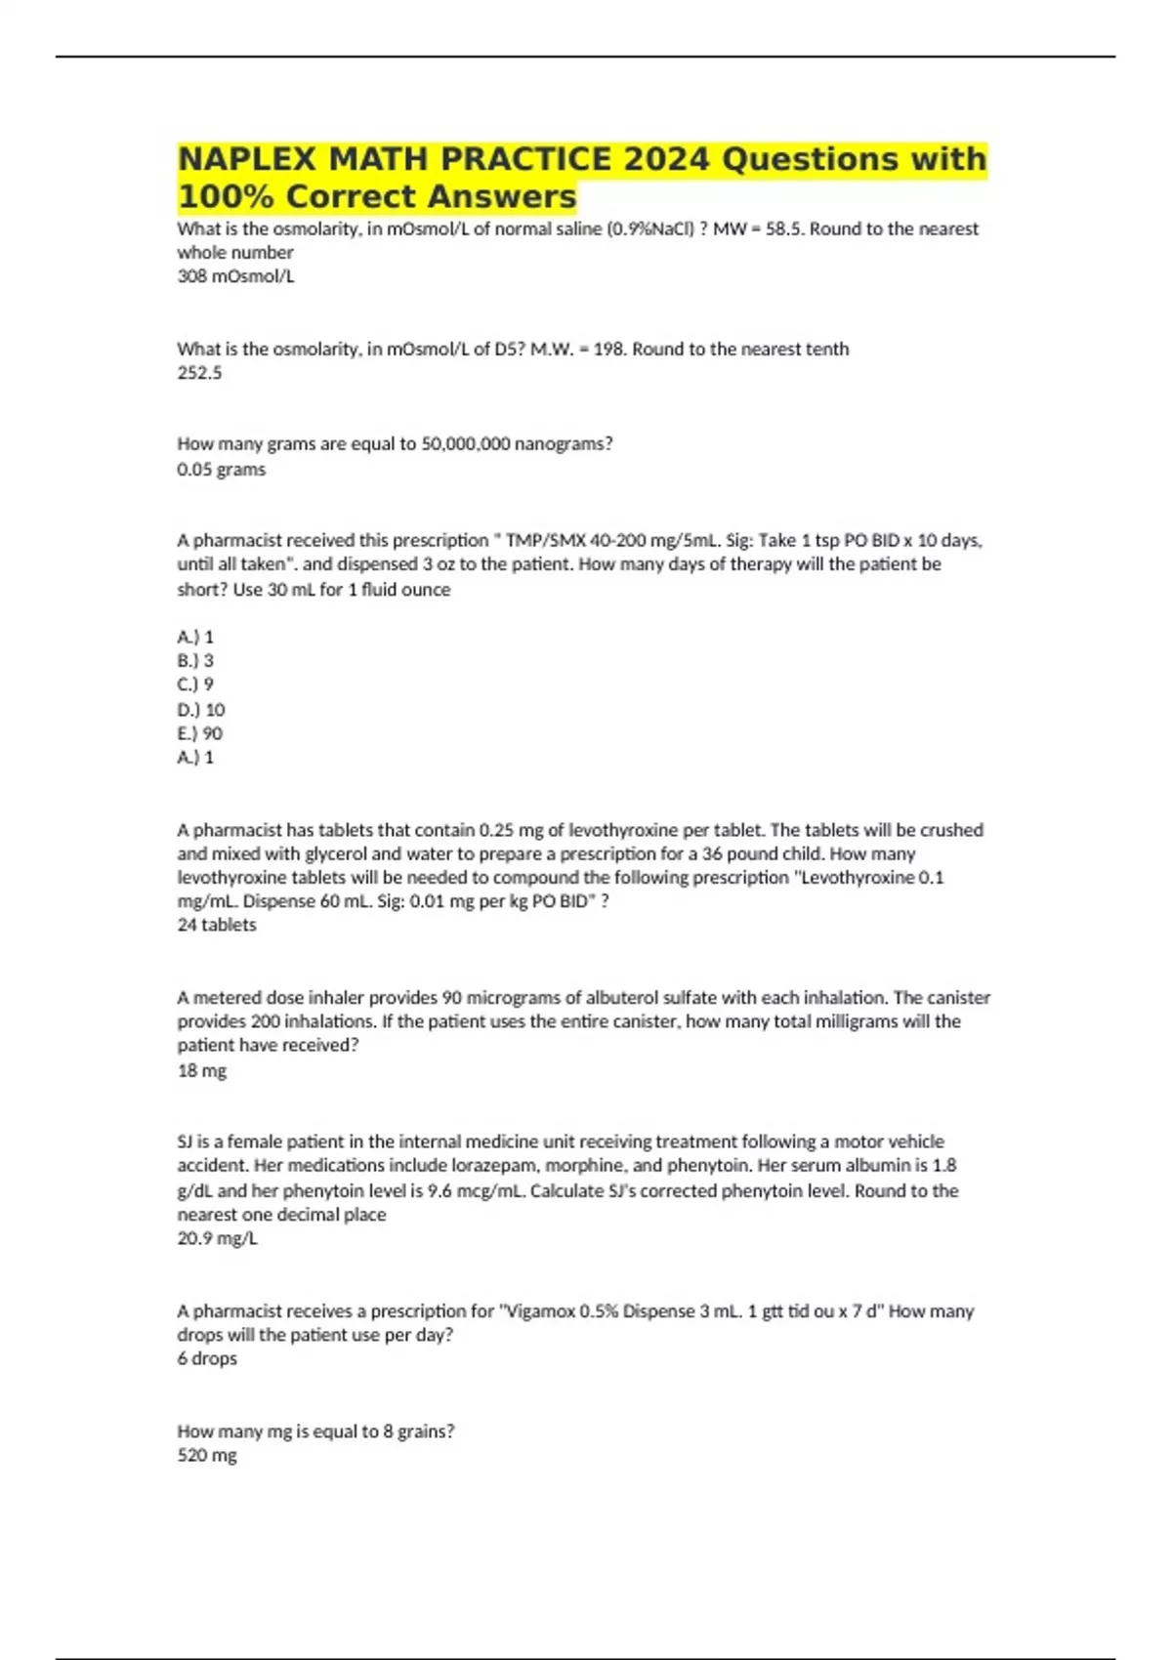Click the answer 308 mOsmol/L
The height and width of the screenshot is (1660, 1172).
tap(235, 276)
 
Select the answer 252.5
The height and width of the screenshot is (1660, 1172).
tap(199, 373)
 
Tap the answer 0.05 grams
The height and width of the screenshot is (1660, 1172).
tap(221, 470)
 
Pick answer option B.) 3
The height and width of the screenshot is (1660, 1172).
tap(195, 660)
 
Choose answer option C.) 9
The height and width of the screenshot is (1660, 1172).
tap(195, 685)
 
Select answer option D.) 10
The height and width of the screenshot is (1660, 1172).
tap(201, 710)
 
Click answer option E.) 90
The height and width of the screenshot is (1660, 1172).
tap(200, 733)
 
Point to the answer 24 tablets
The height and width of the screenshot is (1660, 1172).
tap(217, 925)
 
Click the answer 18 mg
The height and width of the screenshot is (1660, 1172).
tap(201, 1071)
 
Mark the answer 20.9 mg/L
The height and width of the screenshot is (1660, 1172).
tap(217, 1239)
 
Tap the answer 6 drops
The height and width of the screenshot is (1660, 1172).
tap(207, 1359)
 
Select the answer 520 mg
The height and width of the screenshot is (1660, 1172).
tap(207, 1456)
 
